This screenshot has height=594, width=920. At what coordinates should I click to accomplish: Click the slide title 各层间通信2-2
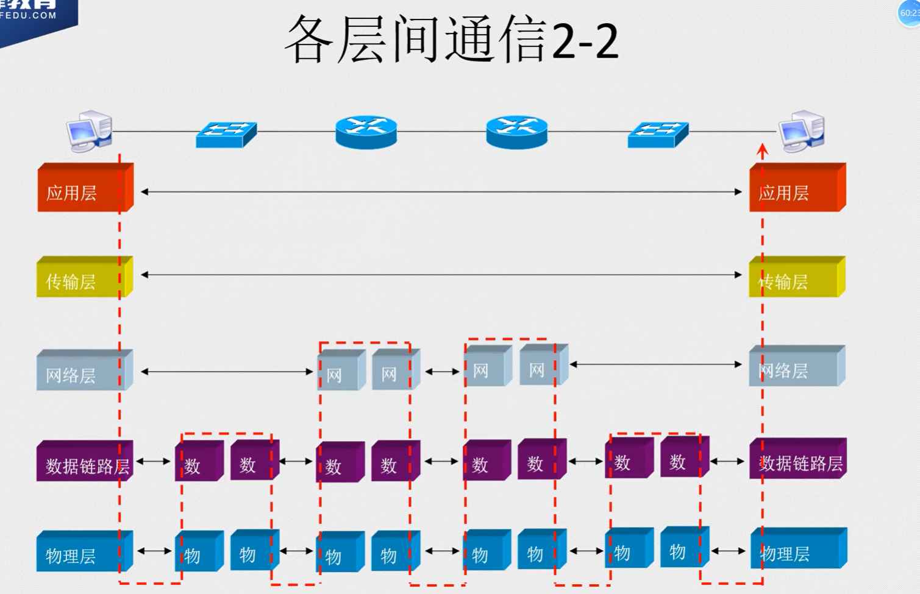point(452,40)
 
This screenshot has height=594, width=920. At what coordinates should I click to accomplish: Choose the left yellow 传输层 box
point(82,279)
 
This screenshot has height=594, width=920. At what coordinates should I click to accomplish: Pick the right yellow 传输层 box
point(795,279)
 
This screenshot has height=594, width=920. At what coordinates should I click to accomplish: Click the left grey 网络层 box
point(82,372)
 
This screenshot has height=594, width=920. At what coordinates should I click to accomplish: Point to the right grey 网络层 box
point(795,368)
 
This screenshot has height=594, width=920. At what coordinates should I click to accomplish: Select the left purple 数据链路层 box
point(84,463)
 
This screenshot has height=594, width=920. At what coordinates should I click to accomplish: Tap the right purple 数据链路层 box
point(797,461)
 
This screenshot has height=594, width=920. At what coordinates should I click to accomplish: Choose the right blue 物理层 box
point(797,550)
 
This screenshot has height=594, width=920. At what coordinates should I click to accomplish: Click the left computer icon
point(89,130)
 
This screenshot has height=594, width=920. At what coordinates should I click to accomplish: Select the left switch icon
point(226,135)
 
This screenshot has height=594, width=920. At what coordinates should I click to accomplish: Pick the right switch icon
point(658,135)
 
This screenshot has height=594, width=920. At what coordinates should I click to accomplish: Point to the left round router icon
point(366,132)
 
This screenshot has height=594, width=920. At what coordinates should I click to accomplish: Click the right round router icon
point(516,132)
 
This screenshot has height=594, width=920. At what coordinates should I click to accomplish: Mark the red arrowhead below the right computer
point(762,149)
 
